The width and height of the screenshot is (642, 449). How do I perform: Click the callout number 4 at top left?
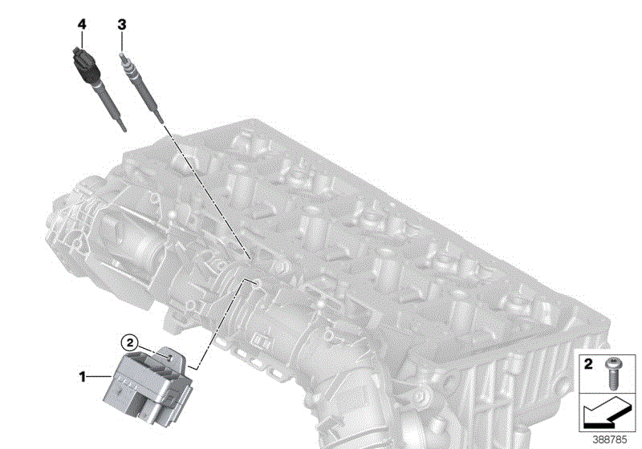pyautogui.click(x=82, y=24)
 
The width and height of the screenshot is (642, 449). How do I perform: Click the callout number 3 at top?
pyautogui.click(x=122, y=25)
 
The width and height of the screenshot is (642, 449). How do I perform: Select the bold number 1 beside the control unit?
pyautogui.click(x=83, y=377)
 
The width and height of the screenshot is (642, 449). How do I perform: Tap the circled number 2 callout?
pyautogui.click(x=130, y=342)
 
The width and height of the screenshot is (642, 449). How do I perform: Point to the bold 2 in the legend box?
pyautogui.click(x=588, y=364)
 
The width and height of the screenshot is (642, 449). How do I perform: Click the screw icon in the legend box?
pyautogui.click(x=612, y=373)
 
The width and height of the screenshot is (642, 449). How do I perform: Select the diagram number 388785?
pyautogui.click(x=610, y=440)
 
